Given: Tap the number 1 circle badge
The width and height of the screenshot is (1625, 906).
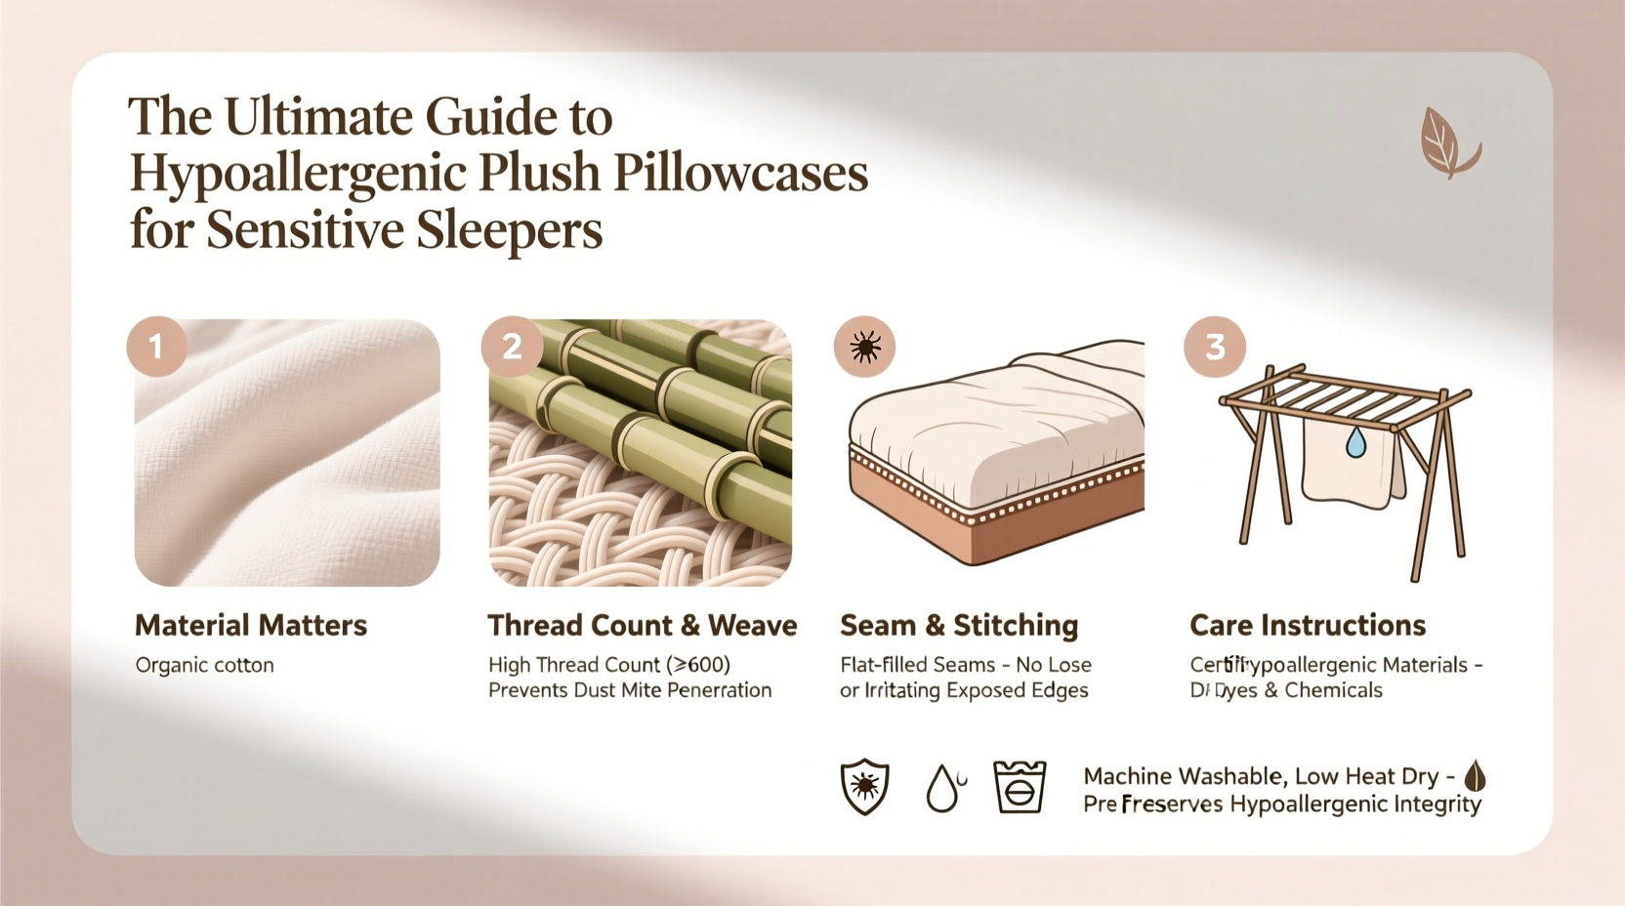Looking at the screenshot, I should click(x=156, y=347).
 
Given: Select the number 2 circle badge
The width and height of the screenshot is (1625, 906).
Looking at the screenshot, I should click(x=511, y=347).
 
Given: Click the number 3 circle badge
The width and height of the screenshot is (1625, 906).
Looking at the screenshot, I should click(x=1214, y=347).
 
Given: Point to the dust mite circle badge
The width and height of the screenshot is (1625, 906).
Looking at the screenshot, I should click(x=864, y=347).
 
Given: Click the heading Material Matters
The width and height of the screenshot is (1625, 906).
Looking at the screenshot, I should click(x=251, y=625).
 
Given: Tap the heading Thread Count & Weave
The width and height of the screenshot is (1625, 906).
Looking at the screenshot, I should click(x=642, y=625).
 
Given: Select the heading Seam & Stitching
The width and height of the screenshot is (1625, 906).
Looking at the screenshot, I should click(x=958, y=625).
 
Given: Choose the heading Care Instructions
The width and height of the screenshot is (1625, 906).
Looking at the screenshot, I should click(x=1307, y=625).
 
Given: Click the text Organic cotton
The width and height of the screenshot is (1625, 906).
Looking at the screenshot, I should click(x=204, y=666).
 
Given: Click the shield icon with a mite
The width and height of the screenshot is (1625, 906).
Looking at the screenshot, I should click(x=864, y=787).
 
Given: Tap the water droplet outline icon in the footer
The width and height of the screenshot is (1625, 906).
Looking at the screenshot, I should click(x=942, y=788).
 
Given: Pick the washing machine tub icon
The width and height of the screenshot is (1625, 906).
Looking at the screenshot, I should click(x=1019, y=787).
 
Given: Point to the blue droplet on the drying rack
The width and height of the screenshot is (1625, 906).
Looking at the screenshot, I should click(x=1355, y=443).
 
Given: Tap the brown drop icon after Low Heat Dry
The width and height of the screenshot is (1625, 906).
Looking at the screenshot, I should click(x=1475, y=777).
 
